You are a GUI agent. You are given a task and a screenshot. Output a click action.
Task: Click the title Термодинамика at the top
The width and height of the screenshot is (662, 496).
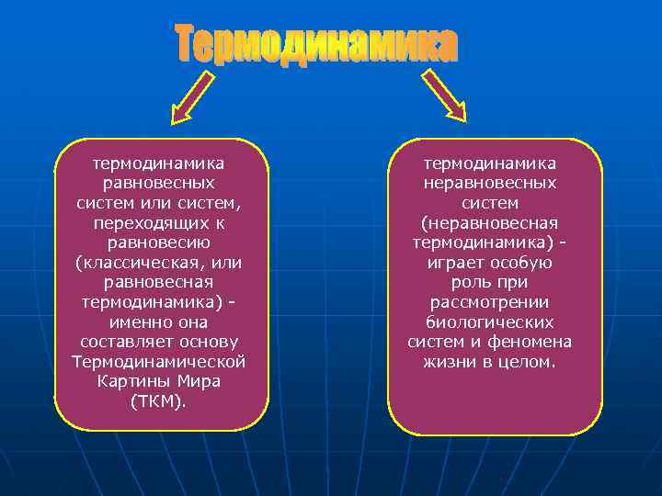316,45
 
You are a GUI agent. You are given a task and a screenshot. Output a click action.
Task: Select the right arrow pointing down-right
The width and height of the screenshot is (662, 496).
445,96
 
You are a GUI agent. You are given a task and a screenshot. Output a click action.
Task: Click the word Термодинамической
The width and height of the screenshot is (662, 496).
159,361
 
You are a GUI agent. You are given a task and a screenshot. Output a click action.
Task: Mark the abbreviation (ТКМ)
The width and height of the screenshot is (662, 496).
159,400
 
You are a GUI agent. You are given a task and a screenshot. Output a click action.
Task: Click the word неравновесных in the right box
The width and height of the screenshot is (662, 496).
490,183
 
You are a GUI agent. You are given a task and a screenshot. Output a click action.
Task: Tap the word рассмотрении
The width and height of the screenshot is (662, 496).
490,302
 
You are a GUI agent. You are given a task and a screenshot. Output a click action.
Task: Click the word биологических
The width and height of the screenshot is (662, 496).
490,322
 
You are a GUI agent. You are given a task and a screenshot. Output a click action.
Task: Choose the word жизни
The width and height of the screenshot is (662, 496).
447,362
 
